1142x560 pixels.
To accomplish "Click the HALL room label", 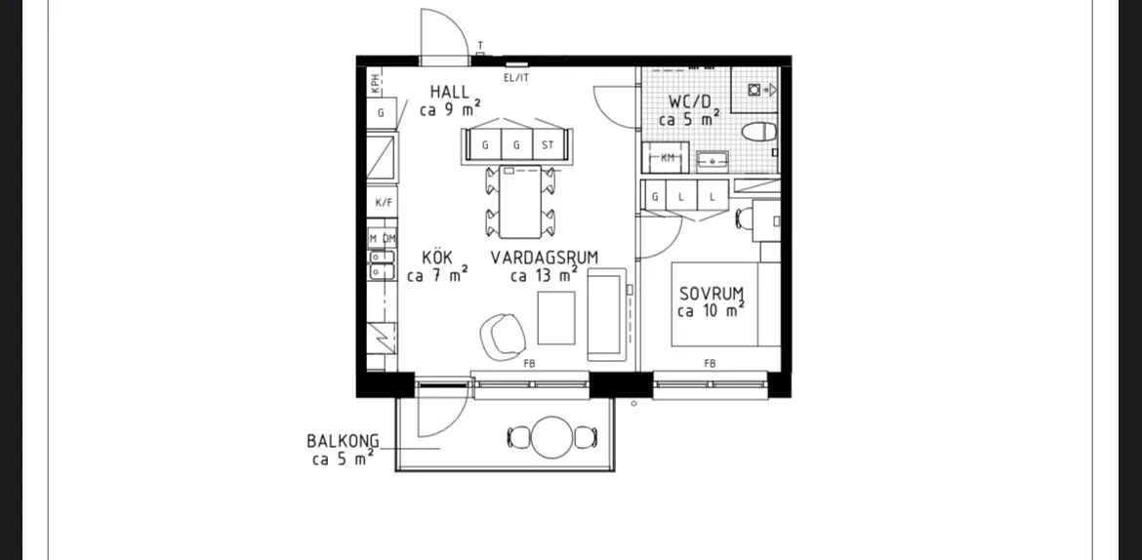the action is (449, 93).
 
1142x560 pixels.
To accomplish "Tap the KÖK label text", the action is (437, 258).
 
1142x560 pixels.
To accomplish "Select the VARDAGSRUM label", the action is (544, 258).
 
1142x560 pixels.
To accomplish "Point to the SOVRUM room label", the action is (712, 295).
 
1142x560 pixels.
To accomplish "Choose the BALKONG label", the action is (343, 441).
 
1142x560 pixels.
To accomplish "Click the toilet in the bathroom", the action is (759, 132).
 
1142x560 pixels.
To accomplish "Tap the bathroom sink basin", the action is (713, 159).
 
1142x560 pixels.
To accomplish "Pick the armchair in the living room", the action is (503, 336).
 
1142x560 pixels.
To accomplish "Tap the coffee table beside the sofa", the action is (556, 317).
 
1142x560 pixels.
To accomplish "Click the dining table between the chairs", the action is (520, 202).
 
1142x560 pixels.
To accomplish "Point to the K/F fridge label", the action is (384, 203).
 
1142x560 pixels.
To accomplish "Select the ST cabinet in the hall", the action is (548, 145).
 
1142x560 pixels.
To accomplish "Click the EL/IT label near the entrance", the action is (516, 78).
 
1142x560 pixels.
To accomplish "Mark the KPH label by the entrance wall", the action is (376, 85).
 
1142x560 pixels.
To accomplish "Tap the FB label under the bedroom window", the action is (710, 363).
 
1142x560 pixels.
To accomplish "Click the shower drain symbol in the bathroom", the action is (755, 90).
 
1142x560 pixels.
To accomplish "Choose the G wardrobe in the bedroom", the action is (656, 197).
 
